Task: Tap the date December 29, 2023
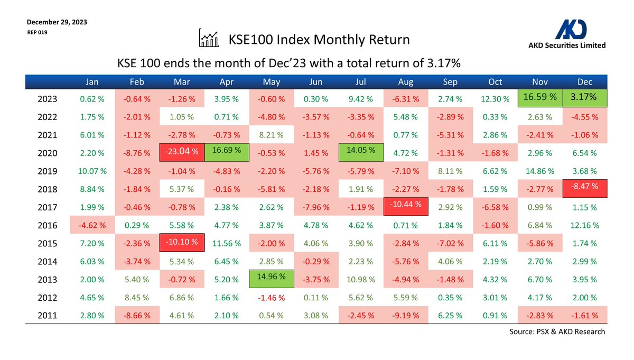pos(57,22)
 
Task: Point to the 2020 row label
pos(49,153)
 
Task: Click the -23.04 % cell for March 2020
pos(181,152)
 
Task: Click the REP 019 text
pos(37,32)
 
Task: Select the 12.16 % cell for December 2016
pos(584,225)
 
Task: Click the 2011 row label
pos(49,316)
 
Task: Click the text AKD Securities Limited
pos(567,45)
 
